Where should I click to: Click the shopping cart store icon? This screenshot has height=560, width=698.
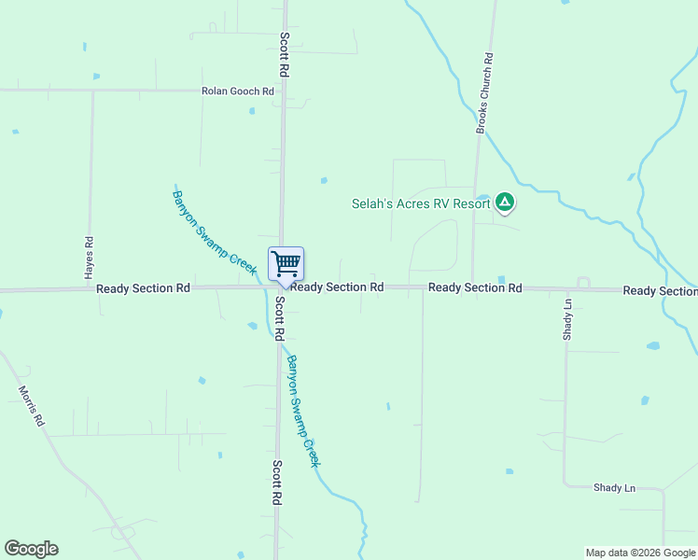pos(286,263)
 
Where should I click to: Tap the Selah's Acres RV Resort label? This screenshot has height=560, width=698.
pos(421,203)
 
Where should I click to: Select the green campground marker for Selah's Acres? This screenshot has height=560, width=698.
pos(505,201)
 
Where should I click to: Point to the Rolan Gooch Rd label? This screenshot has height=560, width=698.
pos(238,91)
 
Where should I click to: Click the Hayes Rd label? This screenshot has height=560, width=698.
pos(89,258)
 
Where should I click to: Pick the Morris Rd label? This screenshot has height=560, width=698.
pos(32,406)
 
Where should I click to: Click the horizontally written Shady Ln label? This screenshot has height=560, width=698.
pos(614,488)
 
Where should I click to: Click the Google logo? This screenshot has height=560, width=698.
pos(31,549)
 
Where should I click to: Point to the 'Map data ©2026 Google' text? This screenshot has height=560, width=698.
pos(640,553)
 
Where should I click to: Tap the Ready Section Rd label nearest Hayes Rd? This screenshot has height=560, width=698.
pos(143,288)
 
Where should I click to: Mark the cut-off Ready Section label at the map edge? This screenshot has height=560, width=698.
pos(660,291)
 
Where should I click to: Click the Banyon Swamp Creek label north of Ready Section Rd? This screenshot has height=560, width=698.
pos(214,231)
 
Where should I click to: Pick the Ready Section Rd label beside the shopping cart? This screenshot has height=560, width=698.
pos(337,287)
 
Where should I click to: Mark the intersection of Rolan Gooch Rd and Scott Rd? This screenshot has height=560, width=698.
pos(283,91)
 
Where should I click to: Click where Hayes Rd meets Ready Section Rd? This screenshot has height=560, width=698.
pos(89,289)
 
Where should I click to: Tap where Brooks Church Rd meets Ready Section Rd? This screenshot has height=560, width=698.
pos(472,287)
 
